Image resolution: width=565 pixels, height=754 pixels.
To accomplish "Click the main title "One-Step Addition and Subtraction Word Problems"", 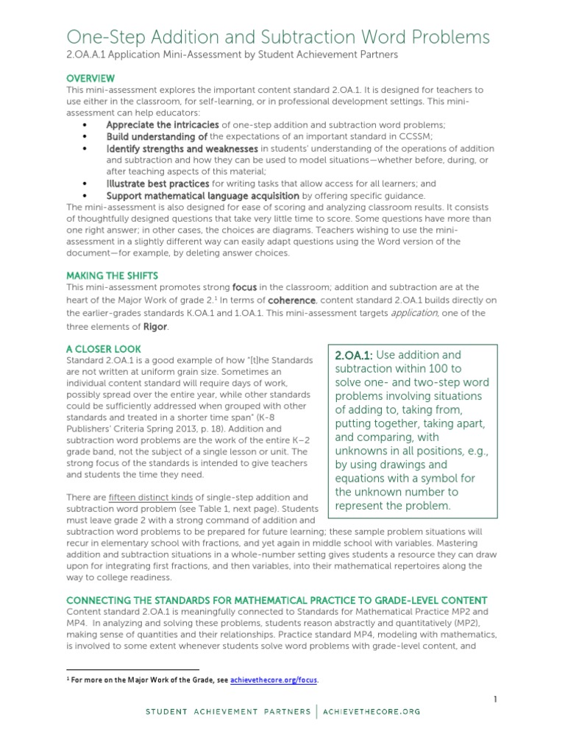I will pos(278,37).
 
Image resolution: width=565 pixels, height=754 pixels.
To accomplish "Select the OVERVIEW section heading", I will pos(90,78).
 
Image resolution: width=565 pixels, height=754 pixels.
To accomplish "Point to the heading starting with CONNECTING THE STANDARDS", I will pos(277,600).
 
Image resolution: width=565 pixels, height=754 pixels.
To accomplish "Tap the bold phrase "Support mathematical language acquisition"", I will pos(202,196).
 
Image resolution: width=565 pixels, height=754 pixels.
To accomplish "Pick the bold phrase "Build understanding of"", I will pos(157,137).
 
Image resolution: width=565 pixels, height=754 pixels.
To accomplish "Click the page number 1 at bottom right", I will pos(496,698).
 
